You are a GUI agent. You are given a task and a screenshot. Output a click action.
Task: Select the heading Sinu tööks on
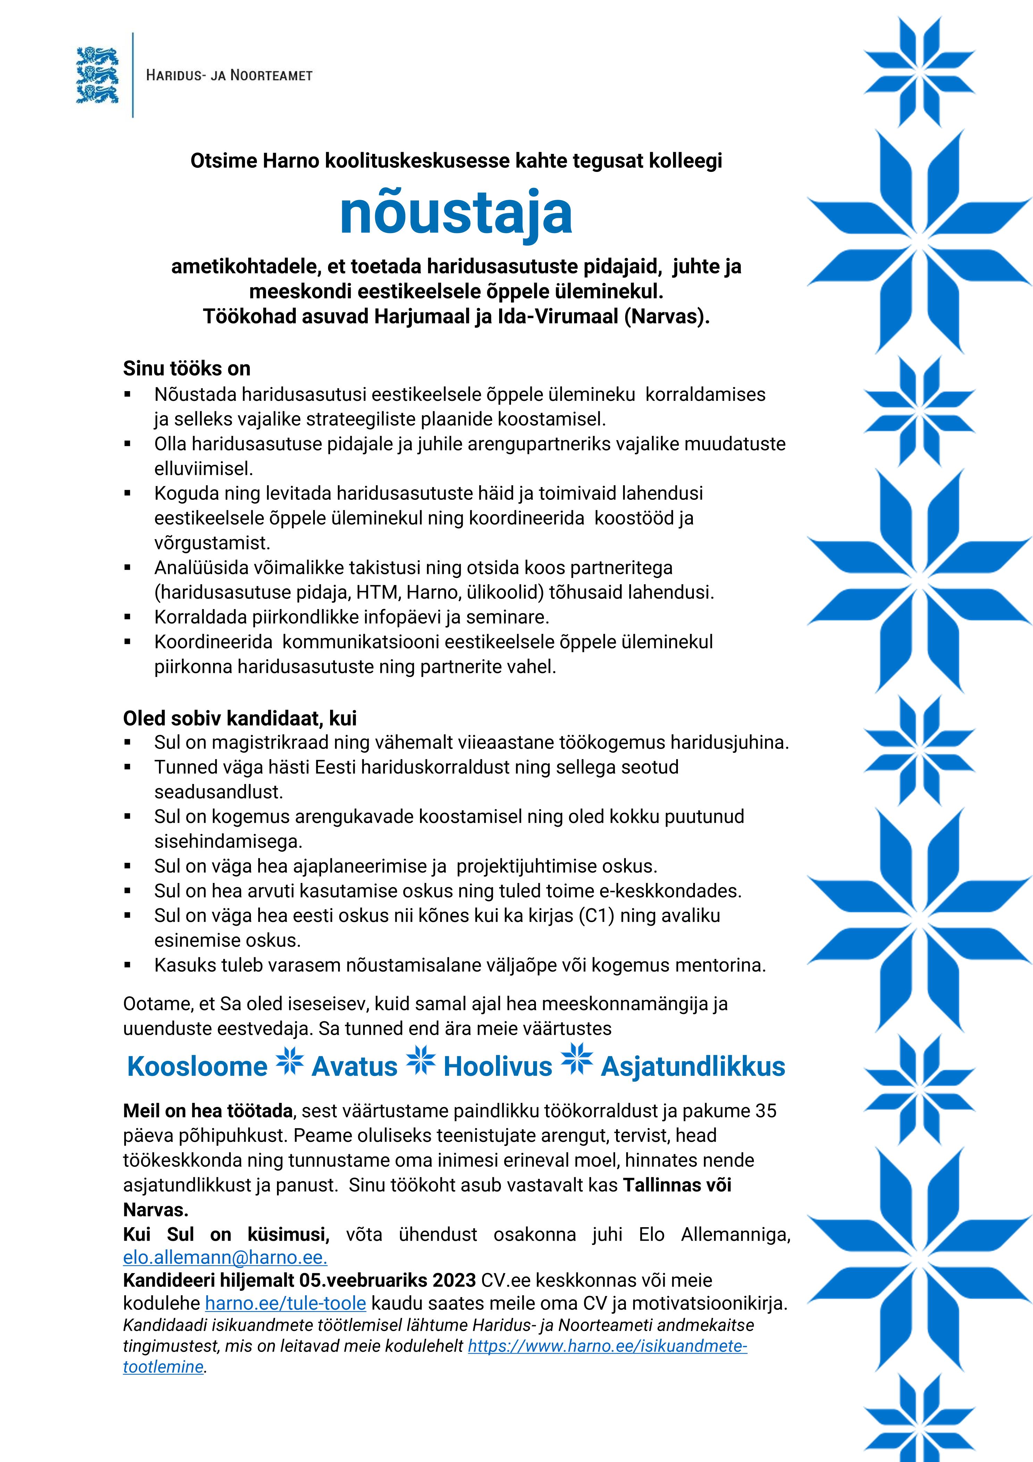[x=186, y=369]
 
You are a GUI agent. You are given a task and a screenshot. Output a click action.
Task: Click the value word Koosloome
[x=197, y=1067]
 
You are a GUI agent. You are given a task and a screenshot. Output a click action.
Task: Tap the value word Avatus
[x=354, y=1067]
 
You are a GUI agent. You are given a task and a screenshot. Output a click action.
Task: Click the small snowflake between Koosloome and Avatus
[x=289, y=1062]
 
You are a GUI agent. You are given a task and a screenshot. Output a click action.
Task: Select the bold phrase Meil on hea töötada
[x=208, y=1111]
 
